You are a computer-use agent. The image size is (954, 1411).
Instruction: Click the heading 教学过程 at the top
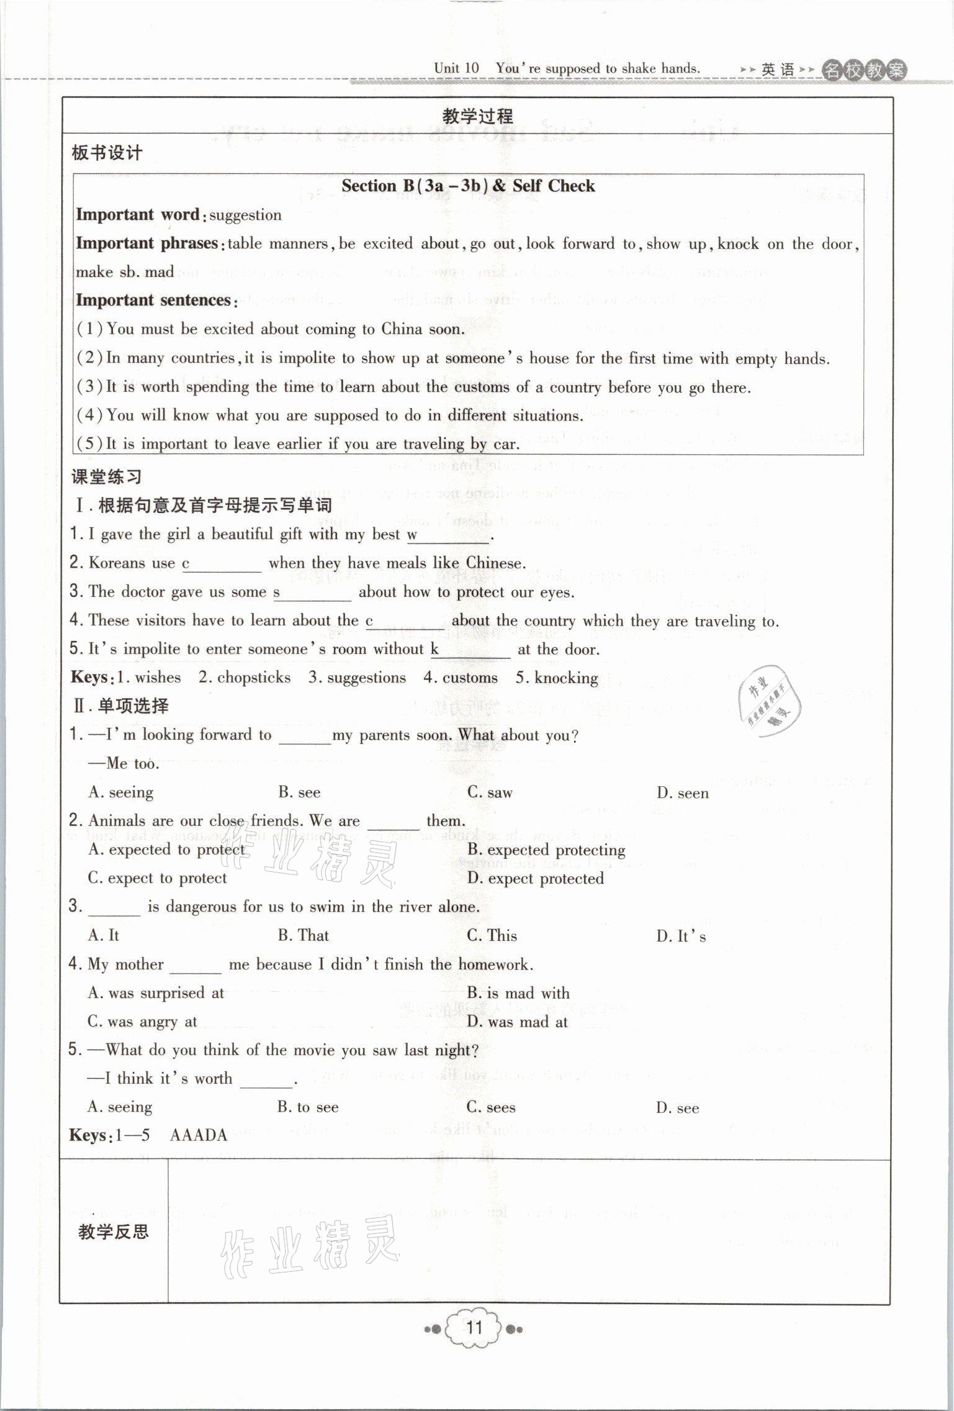point(477,116)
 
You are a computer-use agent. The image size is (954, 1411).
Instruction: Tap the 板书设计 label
point(107,153)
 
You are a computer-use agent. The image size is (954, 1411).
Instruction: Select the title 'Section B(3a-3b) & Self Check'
point(468,186)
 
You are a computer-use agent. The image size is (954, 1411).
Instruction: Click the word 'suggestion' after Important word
point(245,216)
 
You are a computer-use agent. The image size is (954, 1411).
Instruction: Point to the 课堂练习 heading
point(107,477)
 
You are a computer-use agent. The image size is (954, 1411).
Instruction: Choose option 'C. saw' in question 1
point(490,792)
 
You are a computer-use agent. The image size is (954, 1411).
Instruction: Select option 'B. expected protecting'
point(546,850)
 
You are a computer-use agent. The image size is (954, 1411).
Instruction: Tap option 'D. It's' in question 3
point(681,936)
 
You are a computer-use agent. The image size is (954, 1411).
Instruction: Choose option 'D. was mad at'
point(518,1022)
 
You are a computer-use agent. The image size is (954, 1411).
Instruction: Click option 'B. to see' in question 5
point(308,1107)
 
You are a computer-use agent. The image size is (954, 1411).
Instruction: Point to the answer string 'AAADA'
point(199,1136)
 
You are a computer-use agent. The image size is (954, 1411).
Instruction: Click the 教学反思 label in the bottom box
point(114,1232)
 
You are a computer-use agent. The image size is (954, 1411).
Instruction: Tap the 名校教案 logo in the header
point(863,70)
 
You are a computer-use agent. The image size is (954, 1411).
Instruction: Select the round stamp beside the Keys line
point(768,703)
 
